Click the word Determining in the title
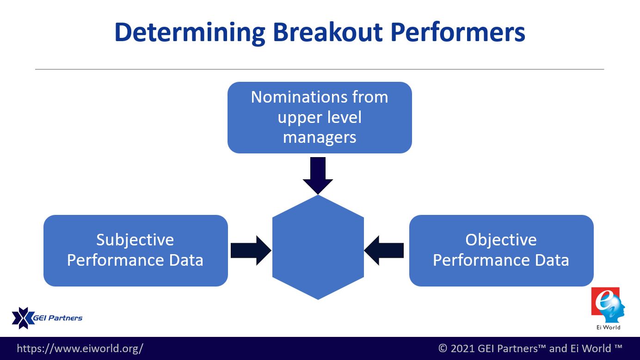190,33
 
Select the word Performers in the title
458,32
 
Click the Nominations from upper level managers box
320,118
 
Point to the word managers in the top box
320,138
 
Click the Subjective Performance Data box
135,250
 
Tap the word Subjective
135,240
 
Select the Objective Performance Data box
501,250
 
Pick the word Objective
501,240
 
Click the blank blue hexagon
318,247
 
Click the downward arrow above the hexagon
318,176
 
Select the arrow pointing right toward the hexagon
251,250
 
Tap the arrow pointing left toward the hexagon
384,250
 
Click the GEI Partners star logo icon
23,318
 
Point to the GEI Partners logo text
58,318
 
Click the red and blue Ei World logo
608,305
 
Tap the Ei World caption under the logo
608,328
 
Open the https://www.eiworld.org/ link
80,348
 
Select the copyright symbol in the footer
443,348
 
